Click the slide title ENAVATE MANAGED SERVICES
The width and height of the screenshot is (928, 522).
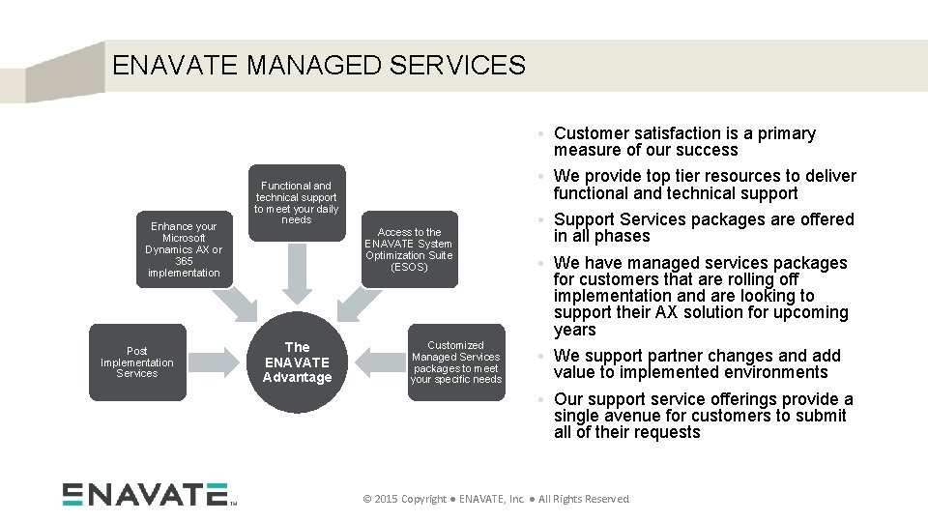[x=318, y=66]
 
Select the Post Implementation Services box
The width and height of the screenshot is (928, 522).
[x=137, y=362]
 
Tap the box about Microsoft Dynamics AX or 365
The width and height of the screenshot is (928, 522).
[x=184, y=249]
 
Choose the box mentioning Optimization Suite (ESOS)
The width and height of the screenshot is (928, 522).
[x=409, y=249]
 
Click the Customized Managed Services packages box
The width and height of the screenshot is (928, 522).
[x=455, y=362]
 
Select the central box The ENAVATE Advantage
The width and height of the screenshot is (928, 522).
[x=297, y=362]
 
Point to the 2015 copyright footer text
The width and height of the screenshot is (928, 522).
[x=495, y=499]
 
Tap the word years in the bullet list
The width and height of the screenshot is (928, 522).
[x=575, y=330]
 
